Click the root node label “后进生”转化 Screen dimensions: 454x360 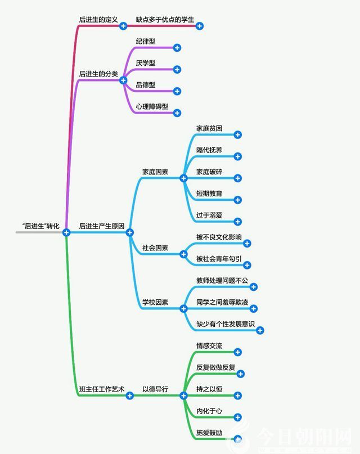tap(40, 226)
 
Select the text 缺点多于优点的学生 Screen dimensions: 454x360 tap(165, 20)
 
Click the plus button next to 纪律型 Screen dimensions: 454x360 tap(177, 48)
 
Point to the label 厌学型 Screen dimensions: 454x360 tap(146, 63)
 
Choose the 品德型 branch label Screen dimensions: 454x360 tap(146, 85)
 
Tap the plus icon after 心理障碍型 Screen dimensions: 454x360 tap(177, 113)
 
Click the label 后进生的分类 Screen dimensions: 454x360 tap(98, 74)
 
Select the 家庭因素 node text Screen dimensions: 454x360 tap(155, 172)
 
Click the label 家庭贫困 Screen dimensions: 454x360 tap(209, 128)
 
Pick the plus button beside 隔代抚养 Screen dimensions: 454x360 tap(237, 156)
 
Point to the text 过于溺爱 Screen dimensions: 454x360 tap(209, 215)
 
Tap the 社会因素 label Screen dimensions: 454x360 tap(155, 247)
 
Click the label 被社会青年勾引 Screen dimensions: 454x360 tap(219, 259)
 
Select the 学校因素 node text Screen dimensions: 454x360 tap(155, 302)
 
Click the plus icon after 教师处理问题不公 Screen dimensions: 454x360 tap(253, 287)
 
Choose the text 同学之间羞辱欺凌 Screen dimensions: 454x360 tap(223, 302)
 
